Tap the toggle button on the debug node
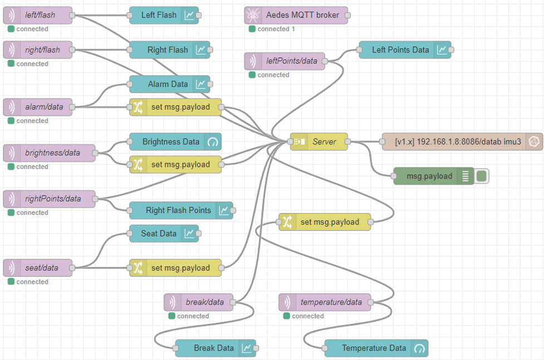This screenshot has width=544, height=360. pyautogui.click(x=482, y=176)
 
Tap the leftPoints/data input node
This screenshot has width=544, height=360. pyautogui.click(x=285, y=61)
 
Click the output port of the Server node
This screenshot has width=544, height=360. pyautogui.click(x=348, y=142)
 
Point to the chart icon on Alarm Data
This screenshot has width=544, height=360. pyautogui.click(x=201, y=85)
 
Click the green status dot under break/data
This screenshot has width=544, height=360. pyautogui.click(x=172, y=316)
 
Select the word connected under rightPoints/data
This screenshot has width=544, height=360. pyautogui.click(x=32, y=213)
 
